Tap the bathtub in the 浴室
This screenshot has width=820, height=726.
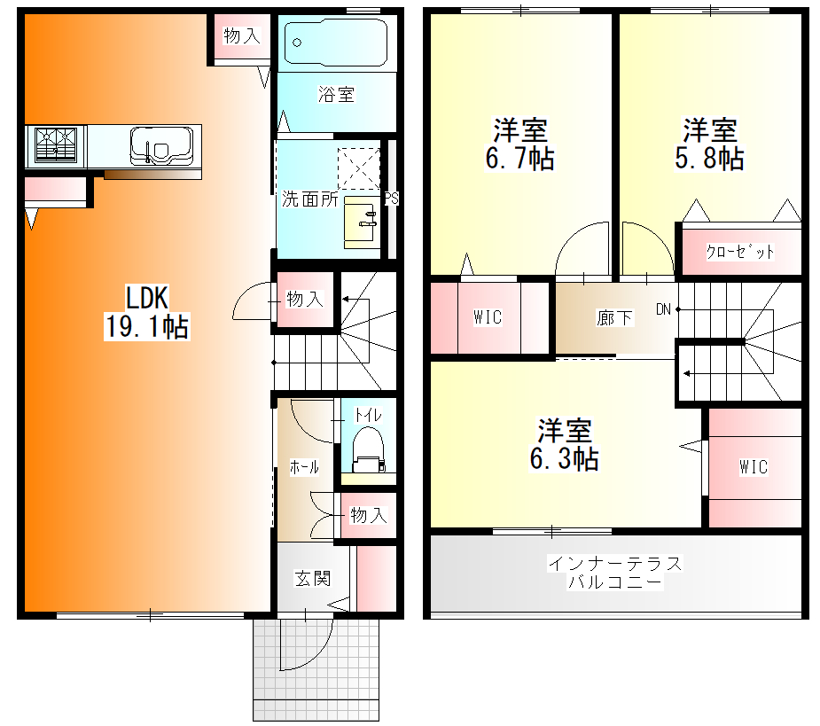pos(335,41)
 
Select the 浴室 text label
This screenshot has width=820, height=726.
pos(336,94)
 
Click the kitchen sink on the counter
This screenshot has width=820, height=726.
pos(161,144)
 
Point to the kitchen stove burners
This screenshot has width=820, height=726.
pos(56,145)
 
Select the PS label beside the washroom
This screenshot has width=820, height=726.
pos(391,199)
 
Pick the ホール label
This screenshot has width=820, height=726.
pos(304,467)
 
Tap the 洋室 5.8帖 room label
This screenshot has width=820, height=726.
pos(709,144)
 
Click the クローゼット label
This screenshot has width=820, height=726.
pos(739,252)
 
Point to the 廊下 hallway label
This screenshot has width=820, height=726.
pos(614,316)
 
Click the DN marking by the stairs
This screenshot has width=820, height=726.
pos(663,309)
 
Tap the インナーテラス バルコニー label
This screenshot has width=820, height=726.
pos(615,573)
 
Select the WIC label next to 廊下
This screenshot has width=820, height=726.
pos(488,317)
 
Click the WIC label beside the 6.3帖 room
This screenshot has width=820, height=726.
pos(754,466)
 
